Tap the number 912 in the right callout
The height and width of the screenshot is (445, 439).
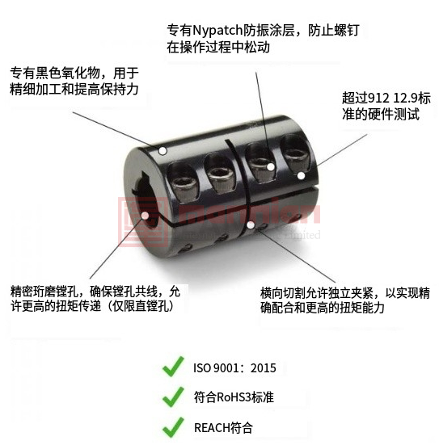[378, 99]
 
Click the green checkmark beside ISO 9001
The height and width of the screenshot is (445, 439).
[173, 367]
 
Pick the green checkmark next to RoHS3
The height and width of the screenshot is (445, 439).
[173, 397]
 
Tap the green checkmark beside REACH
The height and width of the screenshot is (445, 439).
[173, 427]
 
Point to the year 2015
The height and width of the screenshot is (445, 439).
[264, 368]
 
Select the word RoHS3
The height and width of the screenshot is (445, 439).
[234, 397]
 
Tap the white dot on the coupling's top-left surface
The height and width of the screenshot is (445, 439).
[163, 151]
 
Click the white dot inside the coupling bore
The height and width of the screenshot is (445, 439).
[145, 216]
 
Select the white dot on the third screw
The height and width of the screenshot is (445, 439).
[271, 167]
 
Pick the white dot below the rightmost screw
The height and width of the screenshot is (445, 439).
[302, 176]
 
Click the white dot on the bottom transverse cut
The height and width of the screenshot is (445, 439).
[251, 225]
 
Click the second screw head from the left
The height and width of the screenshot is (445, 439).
[220, 177]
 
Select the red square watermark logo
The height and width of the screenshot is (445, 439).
[143, 222]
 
